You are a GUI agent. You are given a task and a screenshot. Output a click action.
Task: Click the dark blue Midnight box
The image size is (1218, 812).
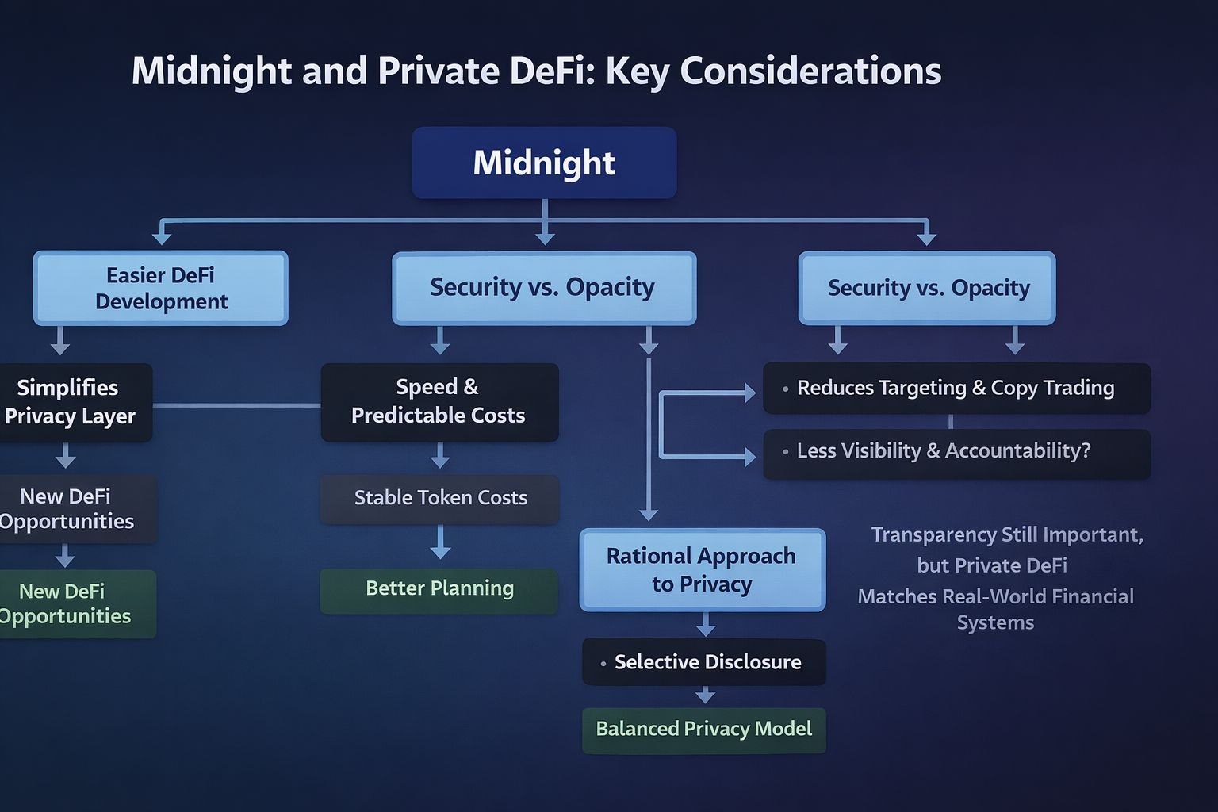pos(544,163)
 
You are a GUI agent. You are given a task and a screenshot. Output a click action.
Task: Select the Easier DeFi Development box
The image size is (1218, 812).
pos(161,288)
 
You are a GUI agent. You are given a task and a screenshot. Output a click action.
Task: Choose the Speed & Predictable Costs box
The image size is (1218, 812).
pos(439,401)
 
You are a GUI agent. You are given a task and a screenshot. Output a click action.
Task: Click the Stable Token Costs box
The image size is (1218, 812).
pos(440,498)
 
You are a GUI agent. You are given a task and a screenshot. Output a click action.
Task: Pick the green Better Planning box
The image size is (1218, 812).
pos(439,589)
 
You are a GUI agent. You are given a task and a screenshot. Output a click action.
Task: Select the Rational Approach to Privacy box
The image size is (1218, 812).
pos(702,569)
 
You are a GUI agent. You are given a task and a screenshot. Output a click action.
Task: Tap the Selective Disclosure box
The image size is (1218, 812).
pos(704,662)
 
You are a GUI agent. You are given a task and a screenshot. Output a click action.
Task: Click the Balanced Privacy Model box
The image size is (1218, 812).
pos(704,730)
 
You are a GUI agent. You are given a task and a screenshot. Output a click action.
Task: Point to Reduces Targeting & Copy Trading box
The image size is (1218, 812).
pos(956,388)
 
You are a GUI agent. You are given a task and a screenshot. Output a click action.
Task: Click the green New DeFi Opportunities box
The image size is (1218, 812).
pos(71,603)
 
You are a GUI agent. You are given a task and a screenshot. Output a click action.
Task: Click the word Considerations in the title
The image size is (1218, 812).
pos(810,71)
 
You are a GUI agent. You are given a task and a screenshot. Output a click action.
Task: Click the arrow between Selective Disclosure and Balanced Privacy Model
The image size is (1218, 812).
pos(705,695)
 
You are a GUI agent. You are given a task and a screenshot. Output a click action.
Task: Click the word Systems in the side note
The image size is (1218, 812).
pos(995,623)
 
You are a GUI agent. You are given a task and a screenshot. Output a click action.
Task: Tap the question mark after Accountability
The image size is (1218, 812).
pos(1086,451)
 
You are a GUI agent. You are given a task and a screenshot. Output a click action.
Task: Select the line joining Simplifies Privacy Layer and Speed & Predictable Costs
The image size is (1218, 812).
pos(236,405)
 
